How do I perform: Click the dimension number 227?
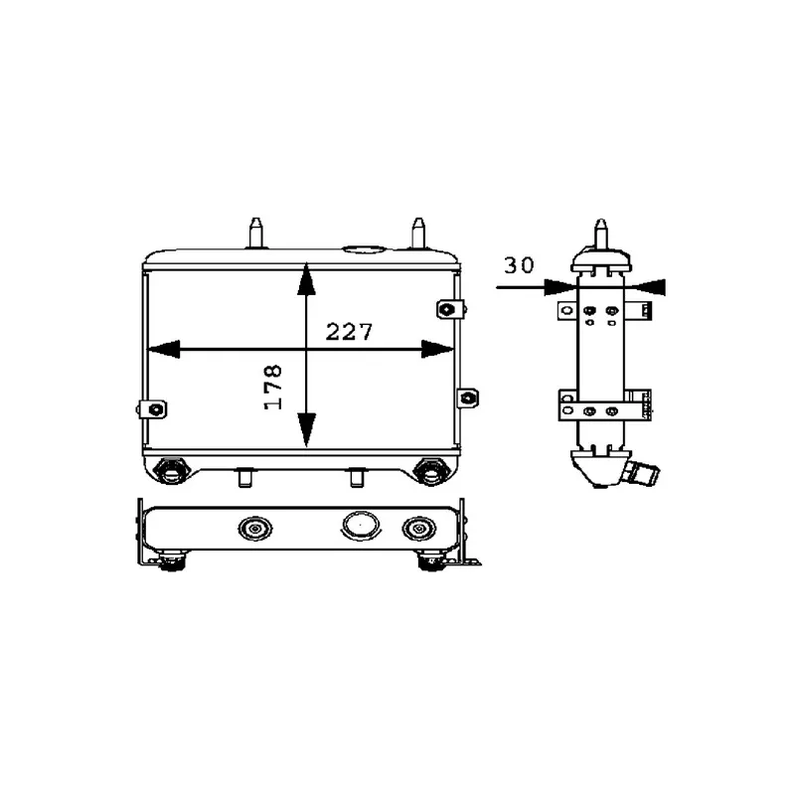click(x=349, y=332)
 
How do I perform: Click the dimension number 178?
click(x=272, y=387)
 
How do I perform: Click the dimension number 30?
click(x=519, y=265)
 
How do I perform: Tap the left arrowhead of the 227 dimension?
click(x=163, y=349)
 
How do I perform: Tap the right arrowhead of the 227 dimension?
click(x=437, y=349)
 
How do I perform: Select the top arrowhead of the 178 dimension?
click(x=306, y=279)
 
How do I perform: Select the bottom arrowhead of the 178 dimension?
click(x=306, y=430)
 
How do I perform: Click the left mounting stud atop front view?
click(x=256, y=234)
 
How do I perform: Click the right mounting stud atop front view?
click(x=418, y=234)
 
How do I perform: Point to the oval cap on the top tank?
click(x=364, y=249)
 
